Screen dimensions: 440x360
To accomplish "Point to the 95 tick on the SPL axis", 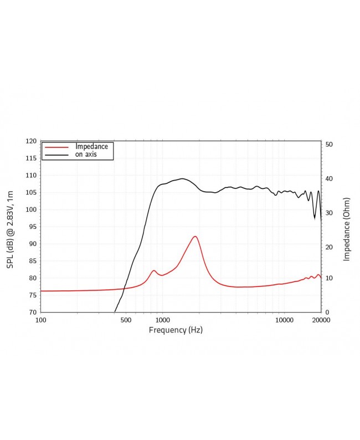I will pyautogui.click(x=32, y=227).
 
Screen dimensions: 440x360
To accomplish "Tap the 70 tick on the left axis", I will pyautogui.click(x=32, y=313).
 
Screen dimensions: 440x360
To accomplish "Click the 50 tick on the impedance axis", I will pyautogui.click(x=329, y=145).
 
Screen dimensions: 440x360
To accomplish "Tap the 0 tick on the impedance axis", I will pyautogui.click(x=327, y=313).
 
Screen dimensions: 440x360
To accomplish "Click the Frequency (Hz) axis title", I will pyautogui.click(x=176, y=330).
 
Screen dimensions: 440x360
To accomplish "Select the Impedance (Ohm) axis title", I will pyautogui.click(x=347, y=229).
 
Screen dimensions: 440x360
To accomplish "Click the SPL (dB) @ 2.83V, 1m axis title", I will pyautogui.click(x=11, y=227).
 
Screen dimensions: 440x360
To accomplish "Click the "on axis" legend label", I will pyautogui.click(x=86, y=155).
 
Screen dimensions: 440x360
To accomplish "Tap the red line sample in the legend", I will pyautogui.click(x=56, y=147).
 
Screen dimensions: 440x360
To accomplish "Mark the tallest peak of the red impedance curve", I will pyautogui.click(x=195, y=237).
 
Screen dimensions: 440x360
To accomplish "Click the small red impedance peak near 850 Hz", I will pyautogui.click(x=154, y=270).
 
